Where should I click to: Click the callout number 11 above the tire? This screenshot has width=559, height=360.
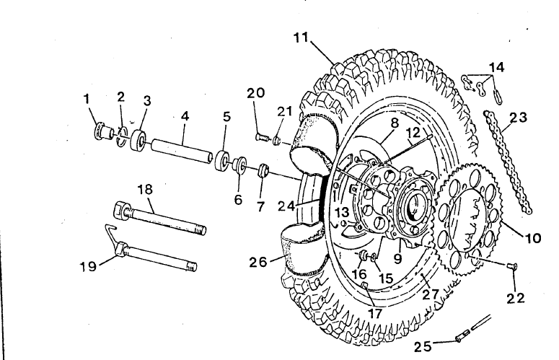(x=301, y=37)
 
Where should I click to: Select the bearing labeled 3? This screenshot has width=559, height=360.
(x=138, y=140)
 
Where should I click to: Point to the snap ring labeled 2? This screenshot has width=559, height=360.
(x=123, y=136)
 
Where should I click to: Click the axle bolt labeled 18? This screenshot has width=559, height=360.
(x=159, y=219)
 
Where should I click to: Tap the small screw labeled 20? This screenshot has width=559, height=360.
(x=261, y=136)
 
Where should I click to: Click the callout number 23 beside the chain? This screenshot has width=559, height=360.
(x=519, y=118)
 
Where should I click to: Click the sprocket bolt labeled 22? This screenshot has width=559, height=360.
(x=512, y=265)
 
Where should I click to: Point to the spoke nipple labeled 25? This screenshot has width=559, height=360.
(x=461, y=338)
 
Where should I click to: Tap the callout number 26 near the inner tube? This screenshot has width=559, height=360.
(x=258, y=262)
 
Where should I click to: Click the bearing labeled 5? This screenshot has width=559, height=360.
(x=223, y=161)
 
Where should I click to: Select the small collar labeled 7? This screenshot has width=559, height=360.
(x=263, y=170)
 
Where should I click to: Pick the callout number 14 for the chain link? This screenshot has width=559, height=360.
(x=496, y=67)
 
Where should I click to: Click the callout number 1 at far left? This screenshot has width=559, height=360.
(x=87, y=99)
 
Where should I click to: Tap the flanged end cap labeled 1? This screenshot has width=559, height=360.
(x=102, y=131)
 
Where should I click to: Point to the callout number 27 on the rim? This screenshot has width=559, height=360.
(x=431, y=295)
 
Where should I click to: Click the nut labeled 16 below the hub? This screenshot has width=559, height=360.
(x=364, y=255)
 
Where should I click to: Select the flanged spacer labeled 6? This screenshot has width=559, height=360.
(x=239, y=164)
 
